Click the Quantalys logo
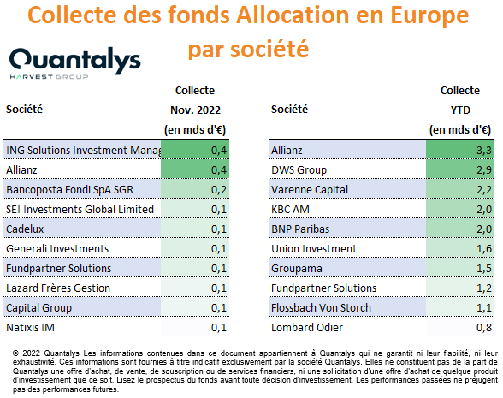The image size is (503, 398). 75,63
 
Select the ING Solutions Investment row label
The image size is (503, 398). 84,151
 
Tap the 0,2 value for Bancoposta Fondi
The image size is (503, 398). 219,190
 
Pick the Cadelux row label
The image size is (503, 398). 25,229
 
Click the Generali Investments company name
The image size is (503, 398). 57,249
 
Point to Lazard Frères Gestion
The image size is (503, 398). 58,288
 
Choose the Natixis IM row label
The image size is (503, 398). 31,327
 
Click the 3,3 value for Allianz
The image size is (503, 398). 484,151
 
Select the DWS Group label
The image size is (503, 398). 299,170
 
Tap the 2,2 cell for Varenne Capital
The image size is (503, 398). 484,190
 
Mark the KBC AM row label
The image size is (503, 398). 290,209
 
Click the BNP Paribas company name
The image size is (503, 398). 300,229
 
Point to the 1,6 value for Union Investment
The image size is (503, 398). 484,249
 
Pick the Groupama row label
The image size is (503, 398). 297,269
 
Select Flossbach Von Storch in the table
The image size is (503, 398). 321,308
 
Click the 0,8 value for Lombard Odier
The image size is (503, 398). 484,327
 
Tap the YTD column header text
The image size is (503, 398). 460,110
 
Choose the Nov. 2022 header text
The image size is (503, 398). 195,110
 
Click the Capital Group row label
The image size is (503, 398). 38,308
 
